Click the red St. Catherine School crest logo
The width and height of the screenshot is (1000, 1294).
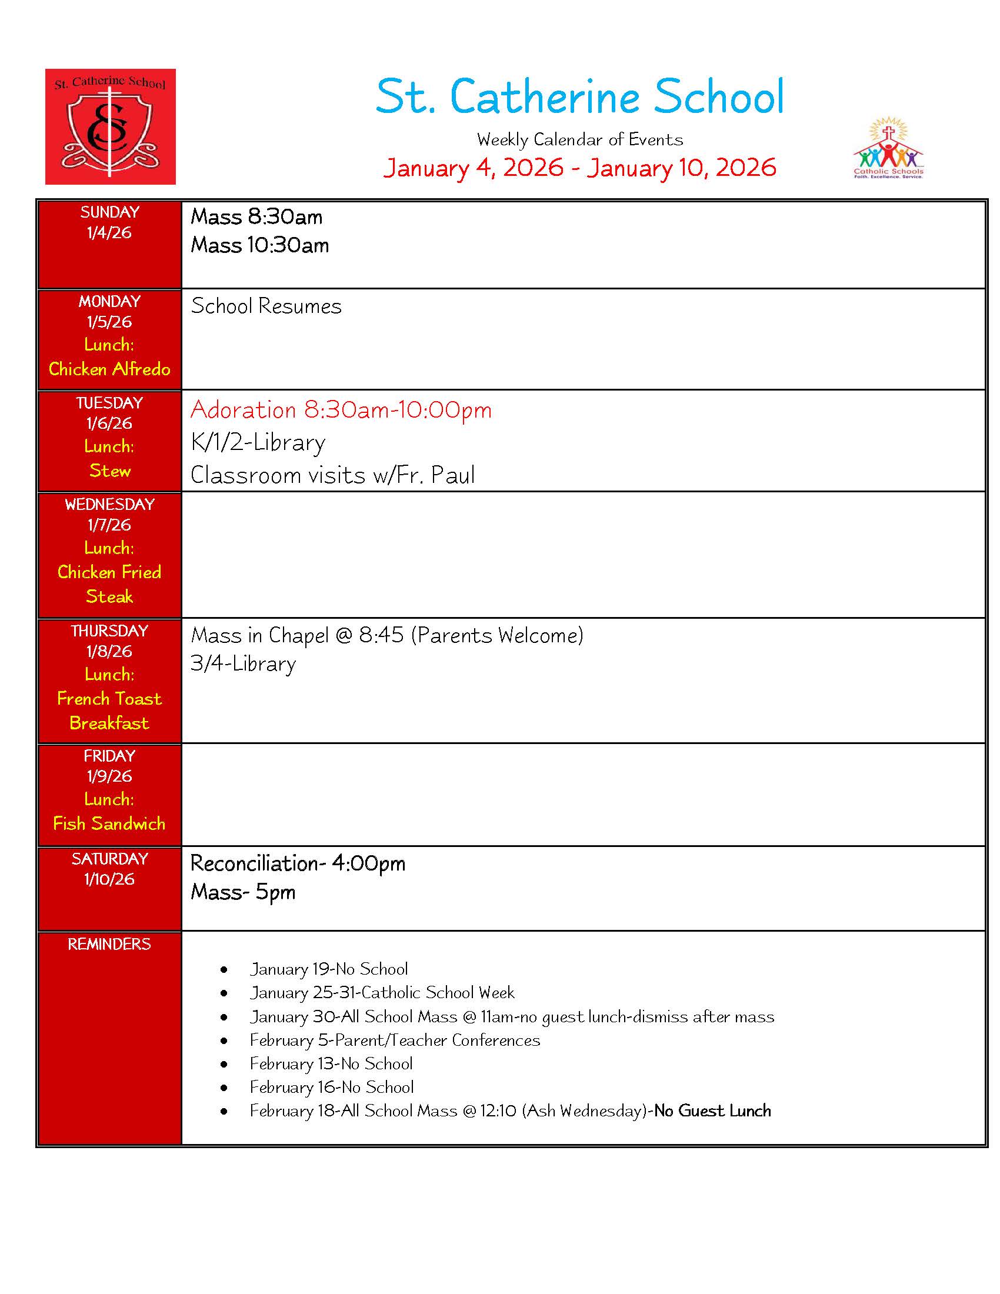(x=110, y=126)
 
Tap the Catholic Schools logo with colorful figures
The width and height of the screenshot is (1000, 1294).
(x=888, y=149)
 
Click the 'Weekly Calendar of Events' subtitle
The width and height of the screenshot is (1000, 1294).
(x=579, y=140)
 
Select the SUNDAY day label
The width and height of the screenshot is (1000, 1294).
(x=109, y=212)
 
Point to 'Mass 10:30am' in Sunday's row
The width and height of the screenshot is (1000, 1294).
(x=259, y=245)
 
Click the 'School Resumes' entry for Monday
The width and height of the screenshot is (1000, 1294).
(x=266, y=306)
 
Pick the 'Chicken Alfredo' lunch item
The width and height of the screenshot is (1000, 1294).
(x=109, y=369)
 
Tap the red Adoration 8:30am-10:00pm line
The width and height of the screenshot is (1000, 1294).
(x=341, y=410)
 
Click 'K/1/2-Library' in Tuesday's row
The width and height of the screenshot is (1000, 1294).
(x=258, y=442)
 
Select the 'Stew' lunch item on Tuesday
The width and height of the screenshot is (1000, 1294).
(x=109, y=471)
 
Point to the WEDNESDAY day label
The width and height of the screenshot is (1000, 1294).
(x=109, y=504)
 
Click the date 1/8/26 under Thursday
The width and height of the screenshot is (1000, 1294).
(x=109, y=651)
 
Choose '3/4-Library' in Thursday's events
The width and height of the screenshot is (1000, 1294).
(x=243, y=664)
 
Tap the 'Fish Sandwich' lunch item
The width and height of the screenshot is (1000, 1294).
(x=109, y=823)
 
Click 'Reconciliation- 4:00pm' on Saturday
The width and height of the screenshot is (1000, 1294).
(x=298, y=864)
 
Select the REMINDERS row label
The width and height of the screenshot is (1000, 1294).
(x=109, y=944)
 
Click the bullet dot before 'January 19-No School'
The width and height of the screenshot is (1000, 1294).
(x=224, y=970)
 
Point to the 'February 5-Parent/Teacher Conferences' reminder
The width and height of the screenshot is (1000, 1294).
(x=395, y=1040)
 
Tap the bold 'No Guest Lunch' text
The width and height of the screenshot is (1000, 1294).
(x=713, y=1111)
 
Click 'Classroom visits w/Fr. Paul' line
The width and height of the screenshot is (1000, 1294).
(x=332, y=475)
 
